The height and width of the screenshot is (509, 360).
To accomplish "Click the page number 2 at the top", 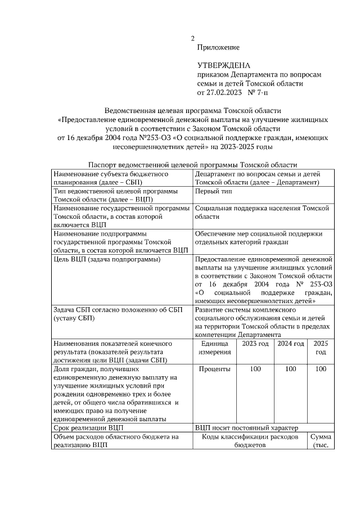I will coord(192,39).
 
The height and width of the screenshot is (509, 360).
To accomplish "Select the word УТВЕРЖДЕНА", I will coord(223,66).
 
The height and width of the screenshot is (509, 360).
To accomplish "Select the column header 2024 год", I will coord(291,344).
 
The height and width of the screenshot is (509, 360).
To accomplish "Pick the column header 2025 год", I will coord(321,348).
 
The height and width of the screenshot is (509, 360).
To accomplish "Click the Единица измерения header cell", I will coord(215,348).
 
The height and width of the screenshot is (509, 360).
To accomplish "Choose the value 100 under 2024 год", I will coord(291,370).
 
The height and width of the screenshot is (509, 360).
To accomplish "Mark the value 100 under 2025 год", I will coord(321,370).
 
